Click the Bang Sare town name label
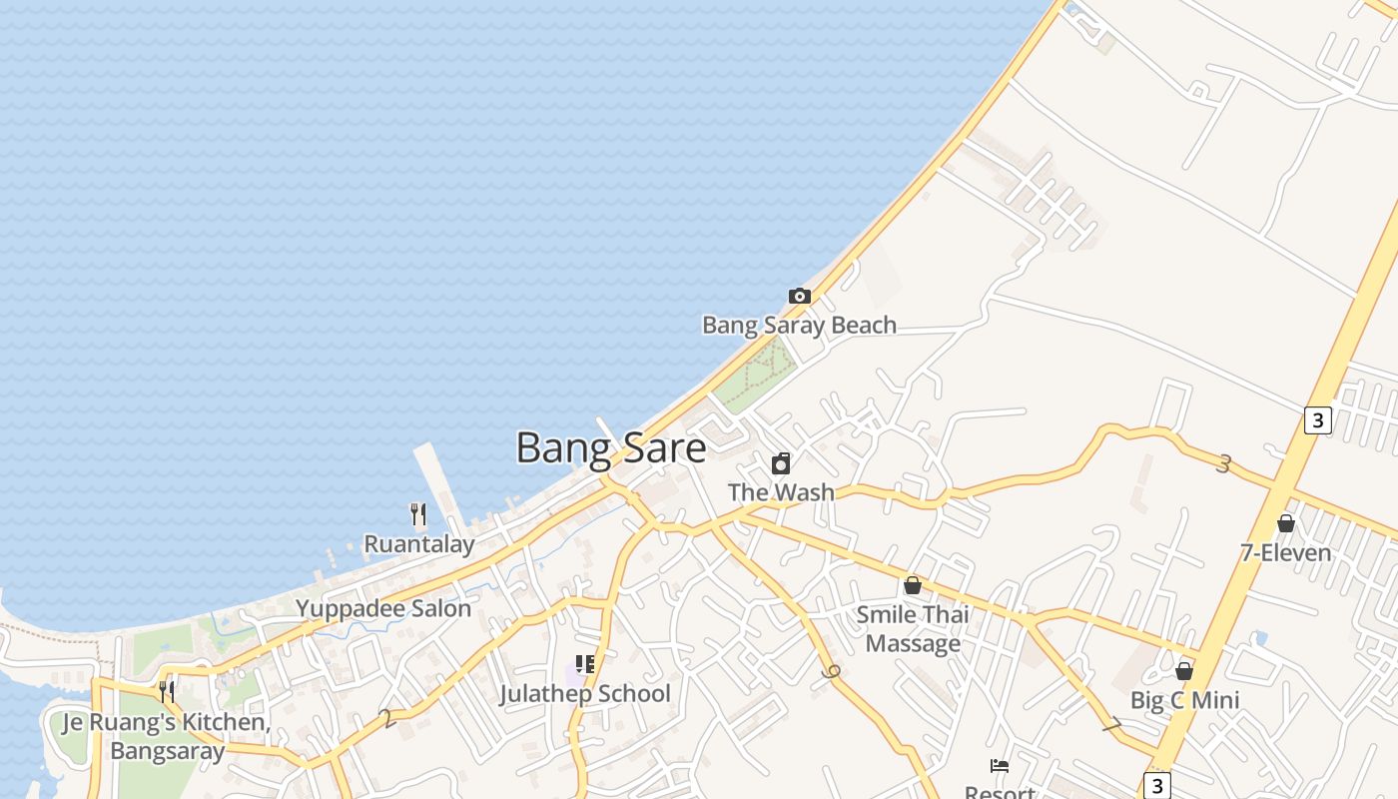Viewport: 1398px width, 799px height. pyautogui.click(x=610, y=447)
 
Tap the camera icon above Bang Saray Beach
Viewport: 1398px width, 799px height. pyautogui.click(x=799, y=296)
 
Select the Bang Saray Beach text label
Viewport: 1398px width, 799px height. pyautogui.click(x=799, y=325)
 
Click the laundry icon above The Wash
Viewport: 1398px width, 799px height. pyautogui.click(x=781, y=463)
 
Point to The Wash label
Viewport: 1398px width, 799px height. pyautogui.click(x=781, y=492)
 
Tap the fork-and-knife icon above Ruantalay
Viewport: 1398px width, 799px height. pyautogui.click(x=418, y=515)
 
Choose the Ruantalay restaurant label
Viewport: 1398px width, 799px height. pyautogui.click(x=418, y=544)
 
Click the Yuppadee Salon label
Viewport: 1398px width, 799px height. pyautogui.click(x=383, y=608)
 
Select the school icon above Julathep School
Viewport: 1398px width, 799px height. pyautogui.click(x=585, y=664)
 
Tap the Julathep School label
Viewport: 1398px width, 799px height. pyautogui.click(x=585, y=693)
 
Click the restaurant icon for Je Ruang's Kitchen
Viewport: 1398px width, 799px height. pyautogui.click(x=167, y=691)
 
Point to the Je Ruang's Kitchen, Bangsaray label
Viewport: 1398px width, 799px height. pyautogui.click(x=167, y=736)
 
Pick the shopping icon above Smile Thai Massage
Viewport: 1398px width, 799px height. pyautogui.click(x=912, y=585)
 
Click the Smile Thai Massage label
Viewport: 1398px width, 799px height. pyautogui.click(x=913, y=629)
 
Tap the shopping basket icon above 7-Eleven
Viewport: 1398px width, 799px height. pyautogui.click(x=1286, y=523)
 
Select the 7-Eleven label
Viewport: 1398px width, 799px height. pyautogui.click(x=1286, y=552)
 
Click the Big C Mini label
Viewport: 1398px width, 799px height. pyautogui.click(x=1184, y=700)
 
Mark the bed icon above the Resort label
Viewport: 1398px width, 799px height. pyautogui.click(x=1000, y=766)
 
